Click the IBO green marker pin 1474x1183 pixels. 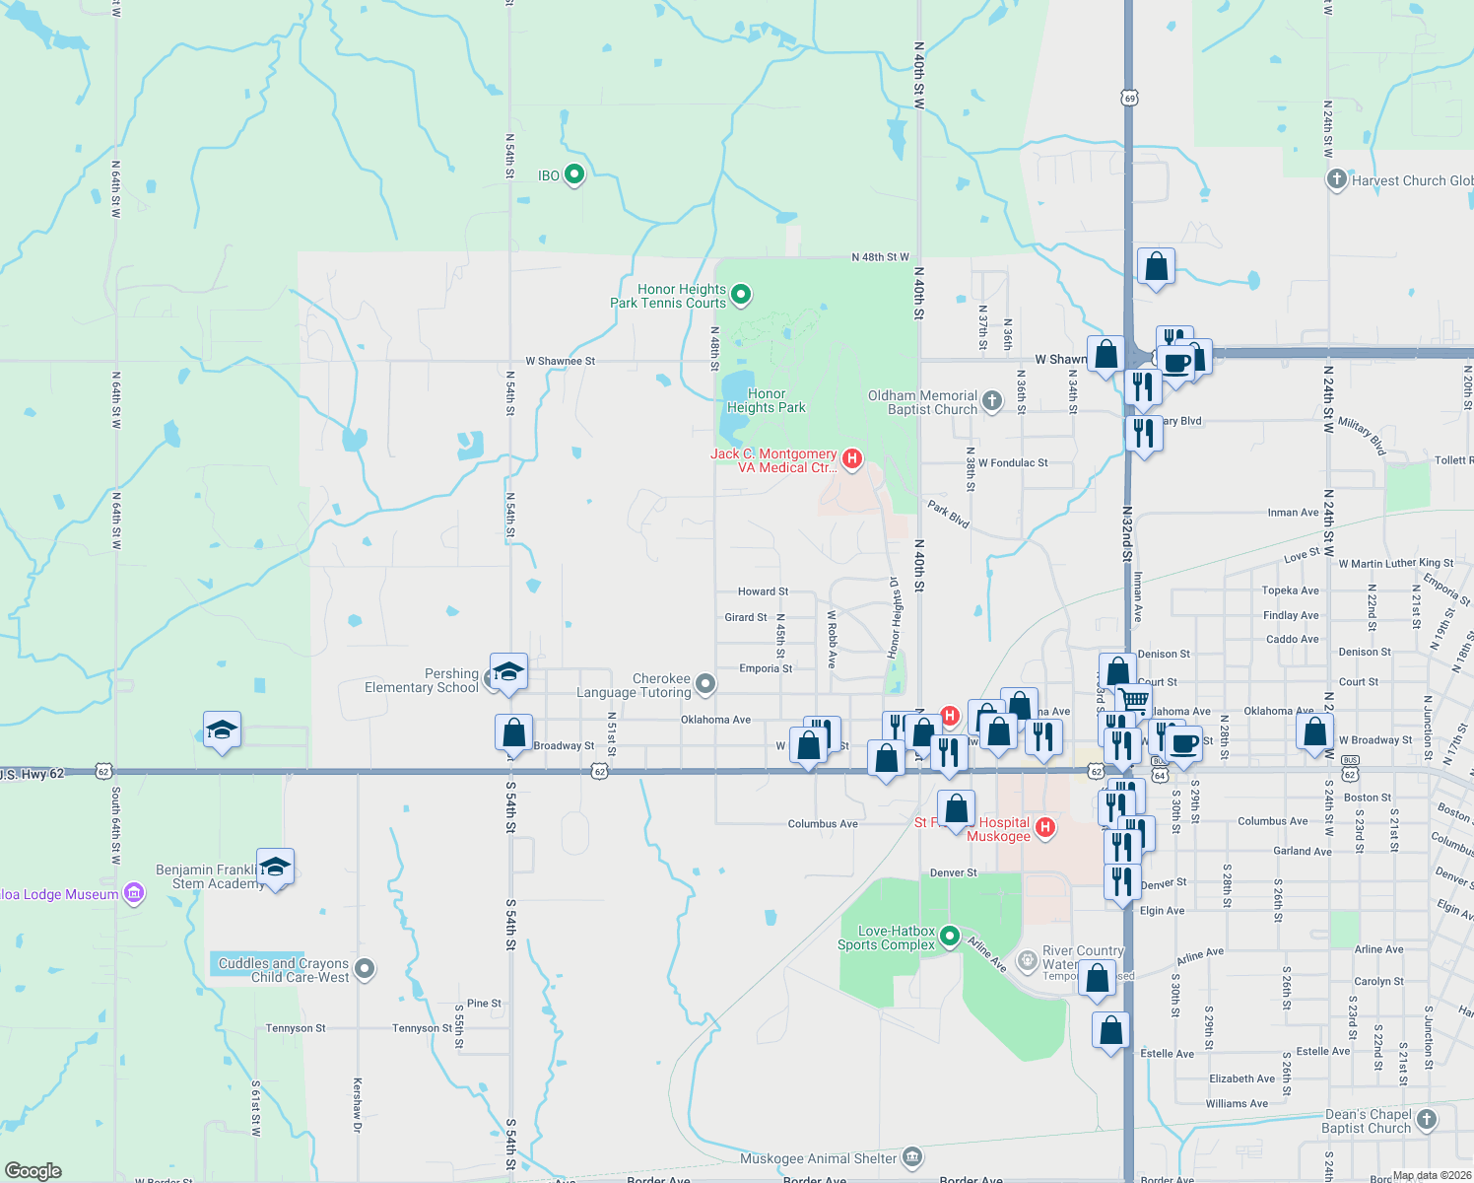(x=574, y=174)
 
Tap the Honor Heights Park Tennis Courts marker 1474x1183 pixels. (x=742, y=294)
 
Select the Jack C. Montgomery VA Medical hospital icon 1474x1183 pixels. (x=853, y=458)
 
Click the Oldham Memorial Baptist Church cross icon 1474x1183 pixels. (x=992, y=400)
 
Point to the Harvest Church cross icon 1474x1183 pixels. (x=1336, y=179)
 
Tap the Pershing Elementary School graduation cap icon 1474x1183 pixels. (x=508, y=673)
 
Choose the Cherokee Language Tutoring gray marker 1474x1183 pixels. (x=705, y=683)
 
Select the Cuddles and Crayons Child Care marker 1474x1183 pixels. (x=365, y=969)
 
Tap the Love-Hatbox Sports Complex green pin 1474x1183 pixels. (x=950, y=936)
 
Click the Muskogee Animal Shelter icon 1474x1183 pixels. (x=912, y=1157)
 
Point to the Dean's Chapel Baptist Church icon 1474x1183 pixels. (x=1427, y=1120)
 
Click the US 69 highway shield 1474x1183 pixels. (x=1129, y=98)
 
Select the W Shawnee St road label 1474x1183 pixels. (x=560, y=361)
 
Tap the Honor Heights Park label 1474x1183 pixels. (x=766, y=400)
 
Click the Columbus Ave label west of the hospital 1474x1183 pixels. (x=823, y=824)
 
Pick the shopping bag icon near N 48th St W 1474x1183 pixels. (x=1156, y=266)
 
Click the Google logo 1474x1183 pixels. (x=33, y=1171)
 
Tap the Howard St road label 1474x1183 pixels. (x=763, y=591)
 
